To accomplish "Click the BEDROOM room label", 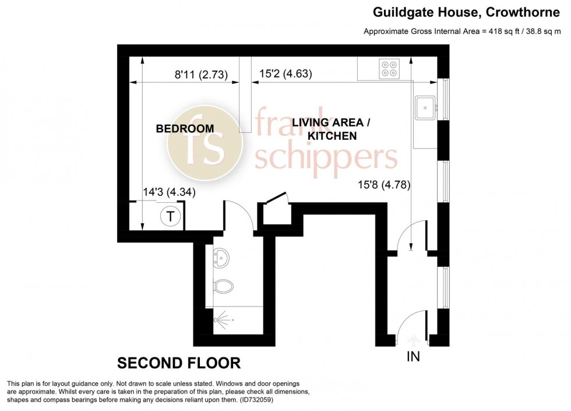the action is [x=185, y=129].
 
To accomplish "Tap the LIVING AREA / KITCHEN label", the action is [x=331, y=129].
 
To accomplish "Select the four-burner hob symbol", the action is [x=389, y=69].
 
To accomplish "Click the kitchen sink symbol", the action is [x=425, y=108].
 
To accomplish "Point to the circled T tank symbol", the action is [x=170, y=216].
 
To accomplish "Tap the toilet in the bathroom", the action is [x=223, y=287].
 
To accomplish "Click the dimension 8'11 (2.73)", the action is [x=202, y=75].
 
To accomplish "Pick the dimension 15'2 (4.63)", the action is [x=285, y=73].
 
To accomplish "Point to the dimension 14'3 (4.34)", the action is [x=169, y=192].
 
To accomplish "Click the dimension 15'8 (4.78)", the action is [x=384, y=185].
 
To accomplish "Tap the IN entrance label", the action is [x=413, y=356].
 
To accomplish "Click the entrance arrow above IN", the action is [x=413, y=340].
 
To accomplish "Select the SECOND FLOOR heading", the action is [x=179, y=363].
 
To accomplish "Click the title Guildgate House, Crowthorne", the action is [x=466, y=12].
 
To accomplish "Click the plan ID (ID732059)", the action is [x=256, y=400].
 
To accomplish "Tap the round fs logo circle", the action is [x=205, y=143].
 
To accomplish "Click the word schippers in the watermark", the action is [x=326, y=157].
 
